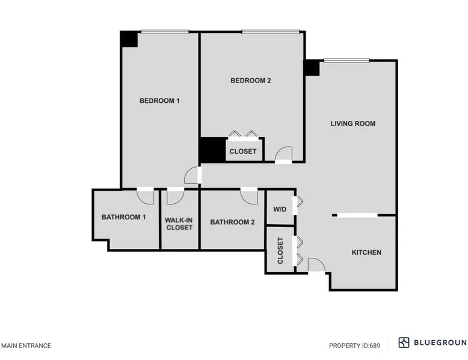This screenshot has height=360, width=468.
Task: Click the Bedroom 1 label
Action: [x=159, y=101]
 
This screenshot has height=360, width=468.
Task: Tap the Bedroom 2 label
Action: [x=251, y=81]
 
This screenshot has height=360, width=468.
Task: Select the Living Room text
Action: [x=353, y=123]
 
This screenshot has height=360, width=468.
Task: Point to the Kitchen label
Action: [x=366, y=252]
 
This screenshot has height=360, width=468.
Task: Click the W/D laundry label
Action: [x=280, y=209]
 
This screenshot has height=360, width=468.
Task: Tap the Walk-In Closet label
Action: [x=179, y=224]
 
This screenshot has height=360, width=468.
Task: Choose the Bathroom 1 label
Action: [x=123, y=217]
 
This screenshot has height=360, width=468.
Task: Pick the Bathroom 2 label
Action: [x=232, y=222]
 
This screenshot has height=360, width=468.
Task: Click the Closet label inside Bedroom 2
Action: [x=243, y=151]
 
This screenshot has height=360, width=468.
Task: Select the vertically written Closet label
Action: [x=280, y=251]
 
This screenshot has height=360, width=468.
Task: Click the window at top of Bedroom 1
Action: [x=165, y=32]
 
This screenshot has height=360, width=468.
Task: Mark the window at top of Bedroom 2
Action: [x=271, y=32]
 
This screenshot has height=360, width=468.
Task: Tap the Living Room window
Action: [x=346, y=61]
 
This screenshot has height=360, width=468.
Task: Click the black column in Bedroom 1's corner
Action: [x=129, y=39]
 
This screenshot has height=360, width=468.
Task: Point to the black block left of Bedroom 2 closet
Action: [x=212, y=150]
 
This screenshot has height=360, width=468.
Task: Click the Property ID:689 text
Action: [x=354, y=346]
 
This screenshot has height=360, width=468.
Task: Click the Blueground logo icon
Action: [x=404, y=343]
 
